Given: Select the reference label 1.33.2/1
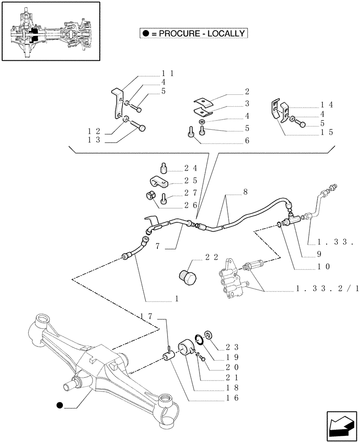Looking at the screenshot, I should (328, 289).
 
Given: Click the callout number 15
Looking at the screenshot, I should (327, 132).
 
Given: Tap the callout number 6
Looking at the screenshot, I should (247, 141).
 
